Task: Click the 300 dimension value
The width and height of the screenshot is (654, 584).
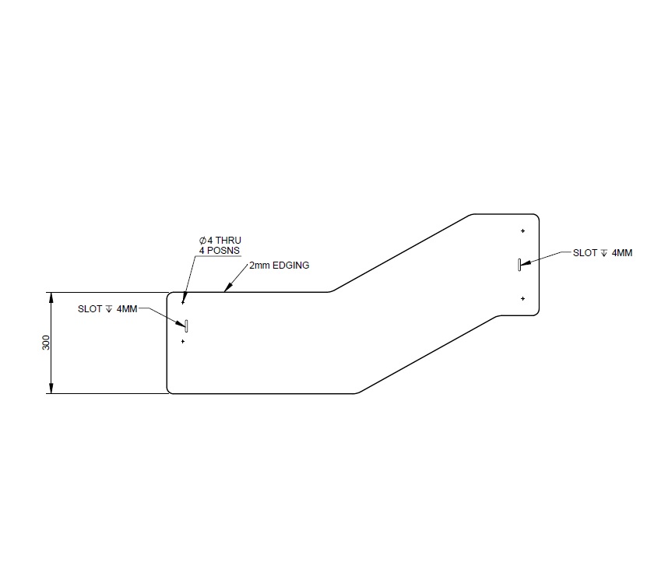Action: pos(46,343)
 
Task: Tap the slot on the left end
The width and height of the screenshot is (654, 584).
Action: pos(186,325)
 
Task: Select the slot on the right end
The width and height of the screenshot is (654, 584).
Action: pos(519,265)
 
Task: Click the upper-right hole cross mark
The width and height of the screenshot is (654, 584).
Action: pos(523,230)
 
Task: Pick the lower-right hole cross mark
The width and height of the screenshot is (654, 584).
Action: pos(523,298)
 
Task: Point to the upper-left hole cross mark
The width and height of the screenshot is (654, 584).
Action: pos(183,303)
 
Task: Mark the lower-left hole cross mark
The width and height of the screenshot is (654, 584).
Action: pos(183,341)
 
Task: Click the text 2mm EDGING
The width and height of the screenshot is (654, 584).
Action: pos(279,266)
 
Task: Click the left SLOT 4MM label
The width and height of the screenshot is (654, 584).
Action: pos(107,309)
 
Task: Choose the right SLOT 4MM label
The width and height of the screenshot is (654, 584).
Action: pos(603,253)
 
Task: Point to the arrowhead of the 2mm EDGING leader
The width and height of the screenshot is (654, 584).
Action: pos(225,290)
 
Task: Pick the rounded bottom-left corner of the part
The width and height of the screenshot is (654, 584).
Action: pos(171,389)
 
